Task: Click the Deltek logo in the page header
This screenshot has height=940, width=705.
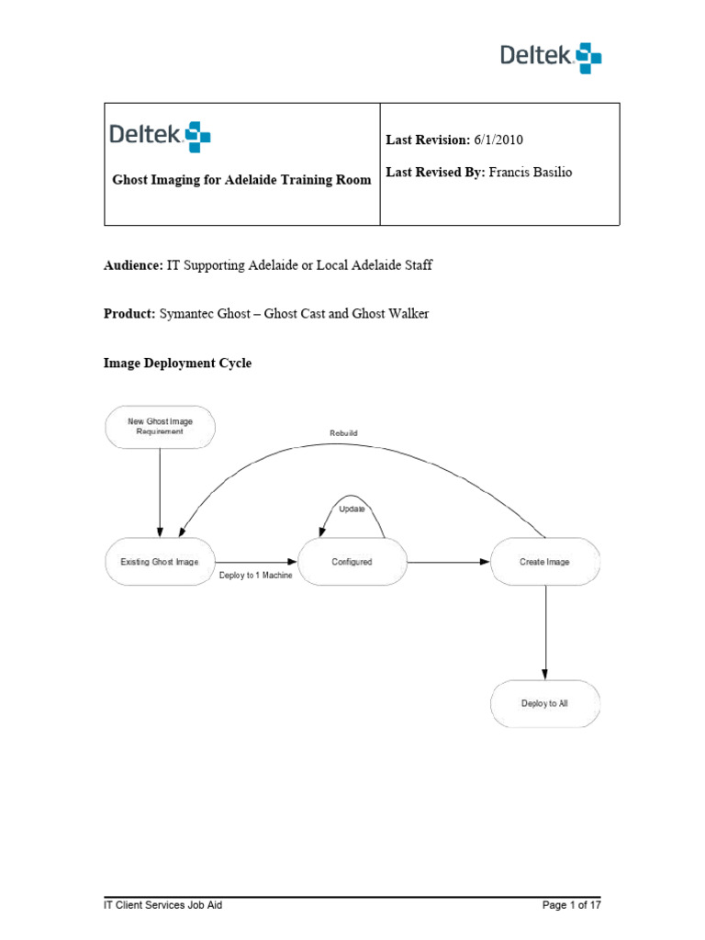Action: (551, 57)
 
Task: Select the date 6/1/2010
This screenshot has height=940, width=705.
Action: (498, 139)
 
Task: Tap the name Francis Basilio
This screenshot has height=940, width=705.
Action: (530, 172)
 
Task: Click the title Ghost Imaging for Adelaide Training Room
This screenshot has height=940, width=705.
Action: (241, 180)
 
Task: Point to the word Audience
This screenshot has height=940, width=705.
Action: (133, 265)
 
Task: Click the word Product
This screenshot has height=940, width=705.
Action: (129, 314)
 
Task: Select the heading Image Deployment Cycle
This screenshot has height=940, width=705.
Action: (177, 364)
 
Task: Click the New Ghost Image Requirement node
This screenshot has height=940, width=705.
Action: (161, 426)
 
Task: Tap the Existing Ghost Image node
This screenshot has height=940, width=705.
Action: (160, 562)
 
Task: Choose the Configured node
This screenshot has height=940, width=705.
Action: (352, 562)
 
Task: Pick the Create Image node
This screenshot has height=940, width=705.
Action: (545, 562)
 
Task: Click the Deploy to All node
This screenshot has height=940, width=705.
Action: (545, 703)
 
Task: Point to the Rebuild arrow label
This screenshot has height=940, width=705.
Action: (343, 433)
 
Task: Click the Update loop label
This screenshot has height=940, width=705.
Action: (352, 508)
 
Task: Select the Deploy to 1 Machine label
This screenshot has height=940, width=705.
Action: (256, 576)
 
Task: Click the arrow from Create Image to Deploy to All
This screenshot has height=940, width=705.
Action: (546, 632)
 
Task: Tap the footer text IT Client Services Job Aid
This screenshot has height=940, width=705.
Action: (162, 905)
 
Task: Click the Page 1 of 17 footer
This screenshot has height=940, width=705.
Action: (572, 905)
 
